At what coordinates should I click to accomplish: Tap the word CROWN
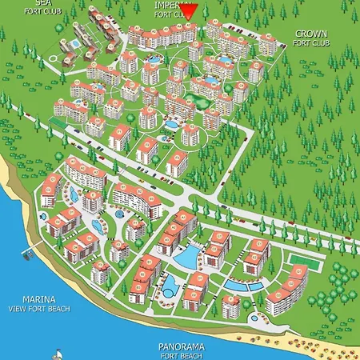[x=310, y=34]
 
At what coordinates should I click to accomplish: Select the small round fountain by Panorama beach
[x=254, y=318]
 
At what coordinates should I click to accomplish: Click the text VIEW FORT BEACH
[x=38, y=309]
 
